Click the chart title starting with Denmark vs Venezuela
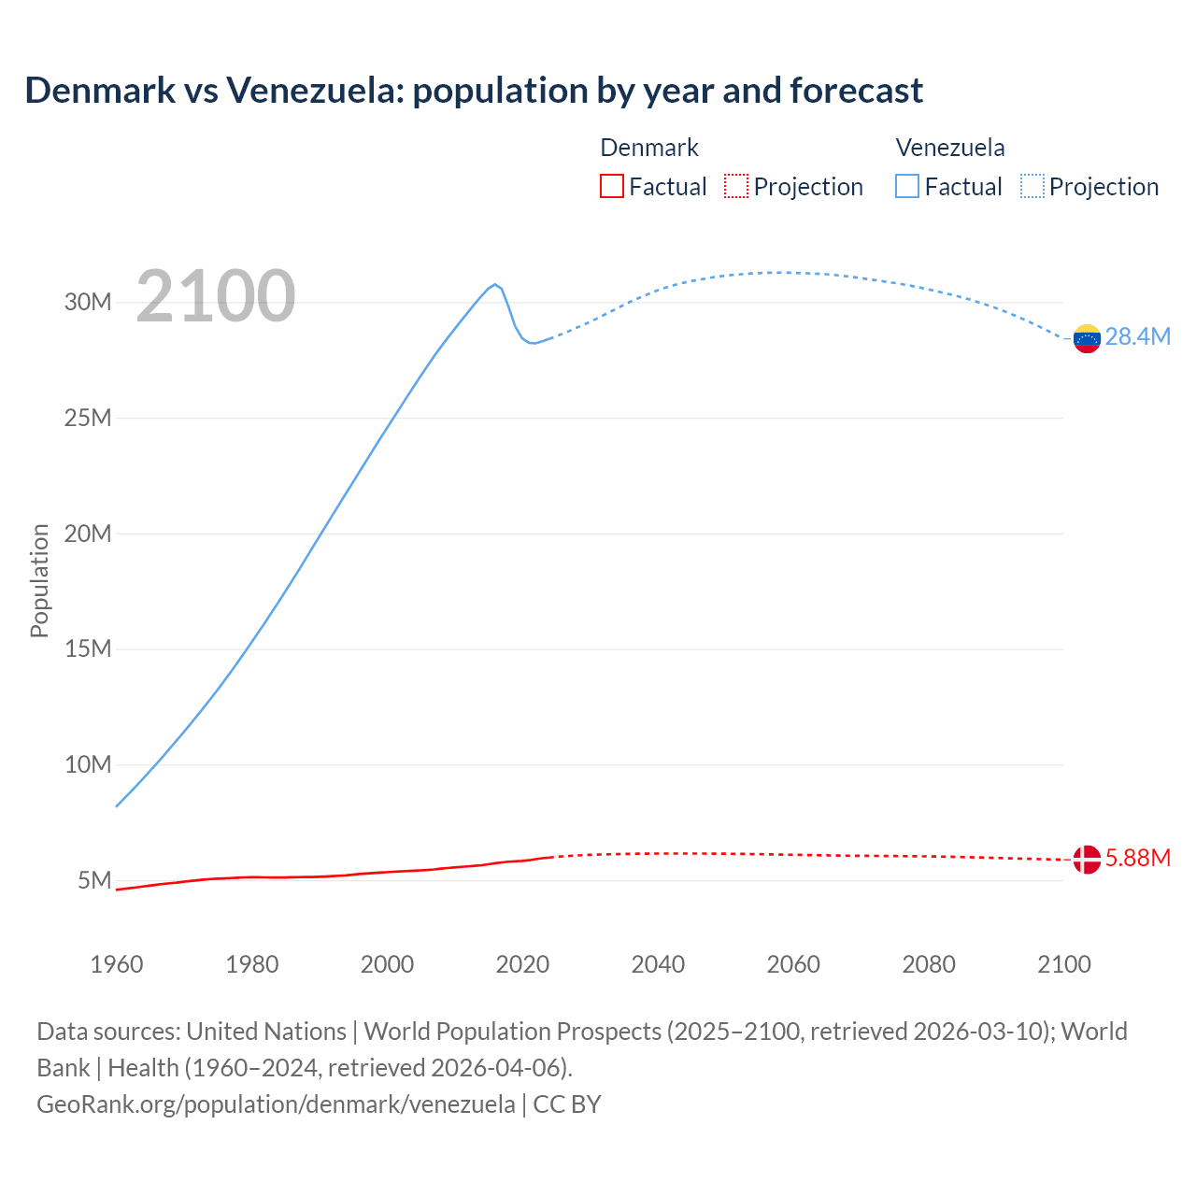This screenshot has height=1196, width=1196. point(474,91)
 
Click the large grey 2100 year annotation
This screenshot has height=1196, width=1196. point(216,296)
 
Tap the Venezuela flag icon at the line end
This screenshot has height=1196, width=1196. point(1087,338)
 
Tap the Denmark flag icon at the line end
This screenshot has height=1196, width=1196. point(1087,859)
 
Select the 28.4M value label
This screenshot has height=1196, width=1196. point(1137,337)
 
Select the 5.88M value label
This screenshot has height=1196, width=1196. point(1137,858)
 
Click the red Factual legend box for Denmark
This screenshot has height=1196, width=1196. point(612,187)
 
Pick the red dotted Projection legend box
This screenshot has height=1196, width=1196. point(736,187)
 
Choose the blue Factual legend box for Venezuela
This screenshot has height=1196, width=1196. point(907,187)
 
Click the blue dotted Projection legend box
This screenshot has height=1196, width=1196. point(1032,187)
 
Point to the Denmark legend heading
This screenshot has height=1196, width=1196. point(649,148)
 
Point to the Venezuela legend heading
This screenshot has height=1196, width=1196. point(950,148)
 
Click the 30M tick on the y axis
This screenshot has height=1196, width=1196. point(88,302)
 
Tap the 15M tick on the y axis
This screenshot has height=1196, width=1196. point(88,648)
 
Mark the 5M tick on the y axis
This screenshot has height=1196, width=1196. point(94,880)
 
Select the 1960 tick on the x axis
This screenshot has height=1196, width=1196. point(117,964)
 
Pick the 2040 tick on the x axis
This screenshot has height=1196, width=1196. point(658,964)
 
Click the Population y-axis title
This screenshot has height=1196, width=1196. point(39,580)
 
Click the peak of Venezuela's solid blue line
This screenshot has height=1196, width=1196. point(495,284)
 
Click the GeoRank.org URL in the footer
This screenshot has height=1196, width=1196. point(276,1104)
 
